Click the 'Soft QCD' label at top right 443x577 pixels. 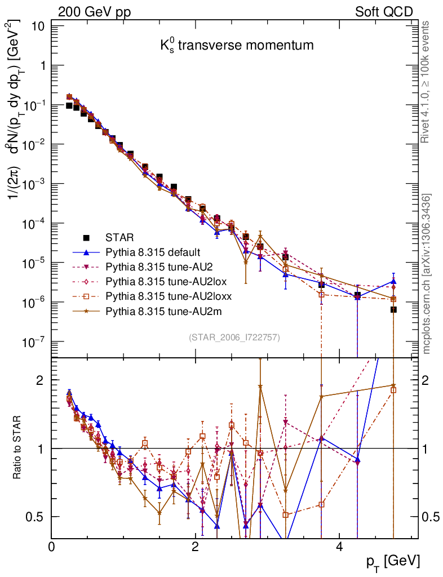[384, 12]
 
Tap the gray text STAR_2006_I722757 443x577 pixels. [234, 338]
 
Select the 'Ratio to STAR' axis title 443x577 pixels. [19, 448]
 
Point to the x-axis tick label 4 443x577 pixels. [339, 548]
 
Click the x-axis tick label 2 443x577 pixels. [195, 548]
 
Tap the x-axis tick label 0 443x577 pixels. [52, 548]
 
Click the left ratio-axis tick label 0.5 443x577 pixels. [36, 517]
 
